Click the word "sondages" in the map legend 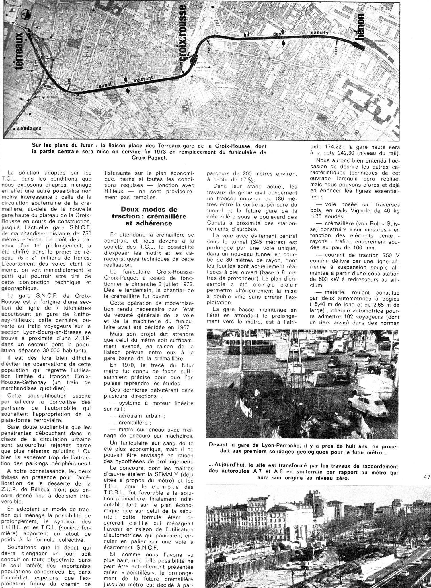pos(29,128)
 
